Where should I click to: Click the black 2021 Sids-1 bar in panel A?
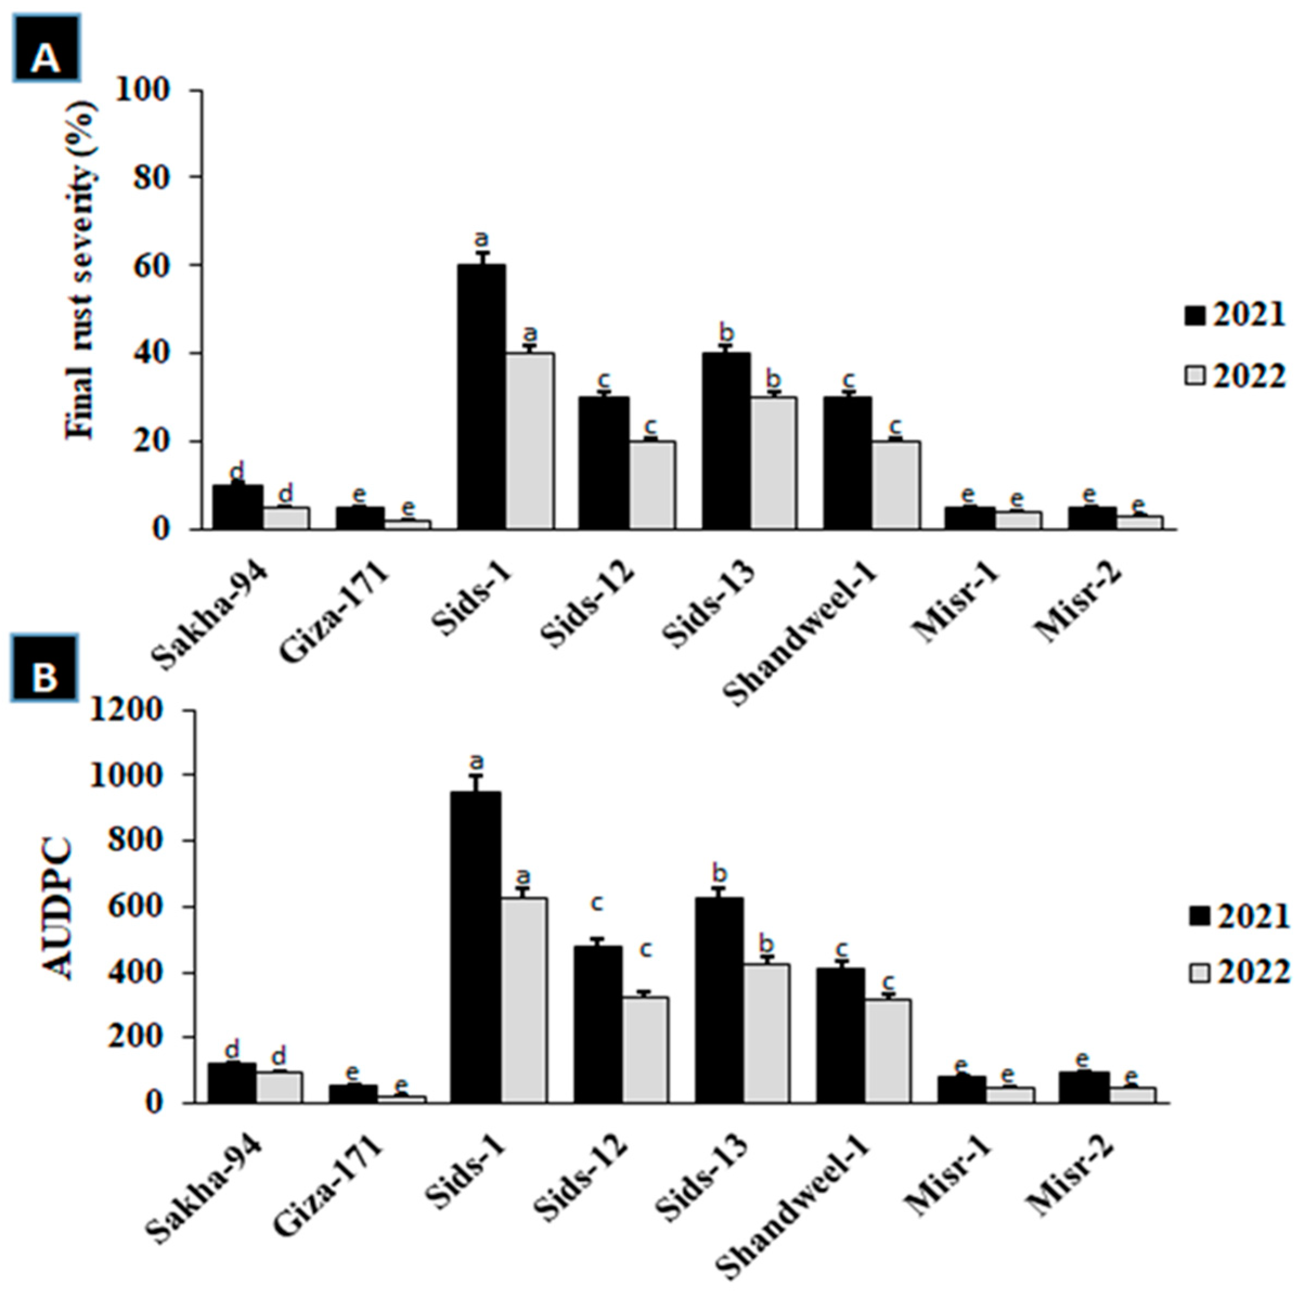481,397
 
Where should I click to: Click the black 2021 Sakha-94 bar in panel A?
237,508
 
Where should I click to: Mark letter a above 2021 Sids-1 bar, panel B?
477,762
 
